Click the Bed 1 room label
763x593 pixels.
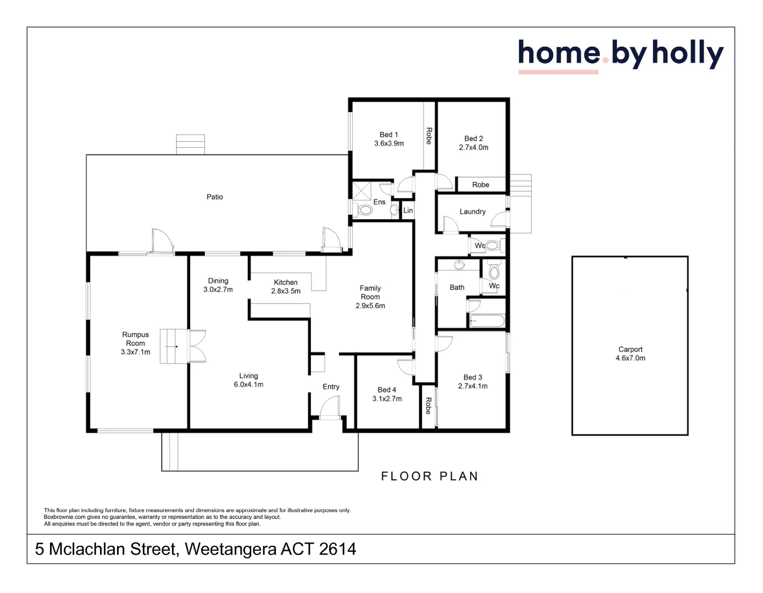point(388,135)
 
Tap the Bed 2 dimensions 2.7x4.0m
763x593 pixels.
point(474,148)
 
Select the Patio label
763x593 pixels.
point(215,197)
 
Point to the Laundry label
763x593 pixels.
point(472,211)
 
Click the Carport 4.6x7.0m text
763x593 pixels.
point(630,354)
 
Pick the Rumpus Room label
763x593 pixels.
point(135,339)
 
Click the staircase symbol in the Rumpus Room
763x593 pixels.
point(174,346)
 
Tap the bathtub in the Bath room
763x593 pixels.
point(487,321)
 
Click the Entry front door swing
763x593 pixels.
point(330,409)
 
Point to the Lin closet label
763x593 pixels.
point(408,210)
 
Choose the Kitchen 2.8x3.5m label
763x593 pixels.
point(286,287)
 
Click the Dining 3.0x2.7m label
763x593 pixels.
point(218,285)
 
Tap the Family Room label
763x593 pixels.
point(370,293)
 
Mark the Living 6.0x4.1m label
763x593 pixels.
point(248,380)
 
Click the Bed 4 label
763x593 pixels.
point(387,390)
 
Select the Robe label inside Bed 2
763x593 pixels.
point(481,184)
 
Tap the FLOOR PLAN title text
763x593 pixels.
point(430,476)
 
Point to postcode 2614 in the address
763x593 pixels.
point(337,549)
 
